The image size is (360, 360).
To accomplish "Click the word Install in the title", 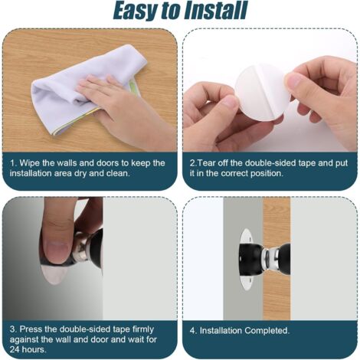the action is (215, 11).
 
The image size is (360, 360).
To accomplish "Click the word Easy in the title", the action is (136, 11).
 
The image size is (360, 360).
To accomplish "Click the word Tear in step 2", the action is (205, 163).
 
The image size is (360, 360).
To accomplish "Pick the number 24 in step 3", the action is (15, 349).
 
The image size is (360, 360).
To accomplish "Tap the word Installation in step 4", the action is (221, 330).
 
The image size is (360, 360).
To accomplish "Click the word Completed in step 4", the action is (267, 330).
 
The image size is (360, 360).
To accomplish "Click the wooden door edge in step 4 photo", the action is (277, 258).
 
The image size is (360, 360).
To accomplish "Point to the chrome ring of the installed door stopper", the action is (269, 259).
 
